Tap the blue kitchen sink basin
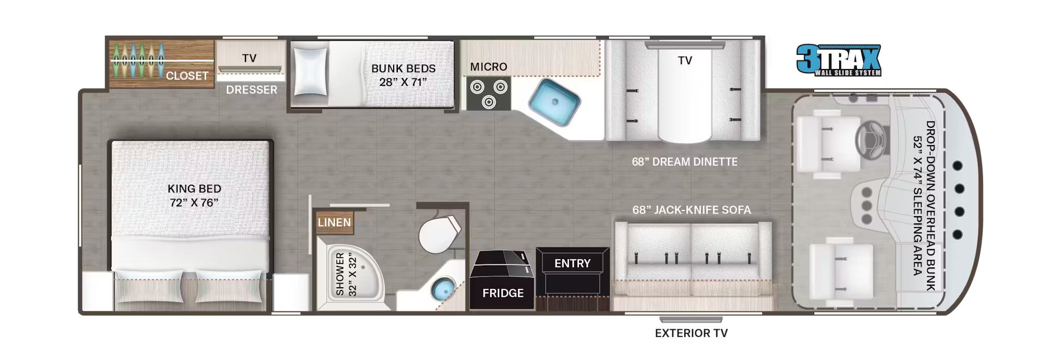pos(554,103)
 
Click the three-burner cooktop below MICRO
pos(488,93)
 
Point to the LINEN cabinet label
pos(334,222)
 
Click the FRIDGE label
pos(503,293)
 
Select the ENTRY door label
pos(572,263)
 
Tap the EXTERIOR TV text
pos(691,333)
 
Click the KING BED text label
pos(194,195)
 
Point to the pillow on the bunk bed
pos(310,72)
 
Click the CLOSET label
pos(187,76)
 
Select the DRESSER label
pos(251,89)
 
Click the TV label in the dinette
pos(685,61)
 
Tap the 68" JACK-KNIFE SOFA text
pos(691,210)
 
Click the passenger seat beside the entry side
pos(840,271)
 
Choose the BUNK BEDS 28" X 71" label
pos(403,75)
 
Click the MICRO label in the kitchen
pos(488,67)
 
